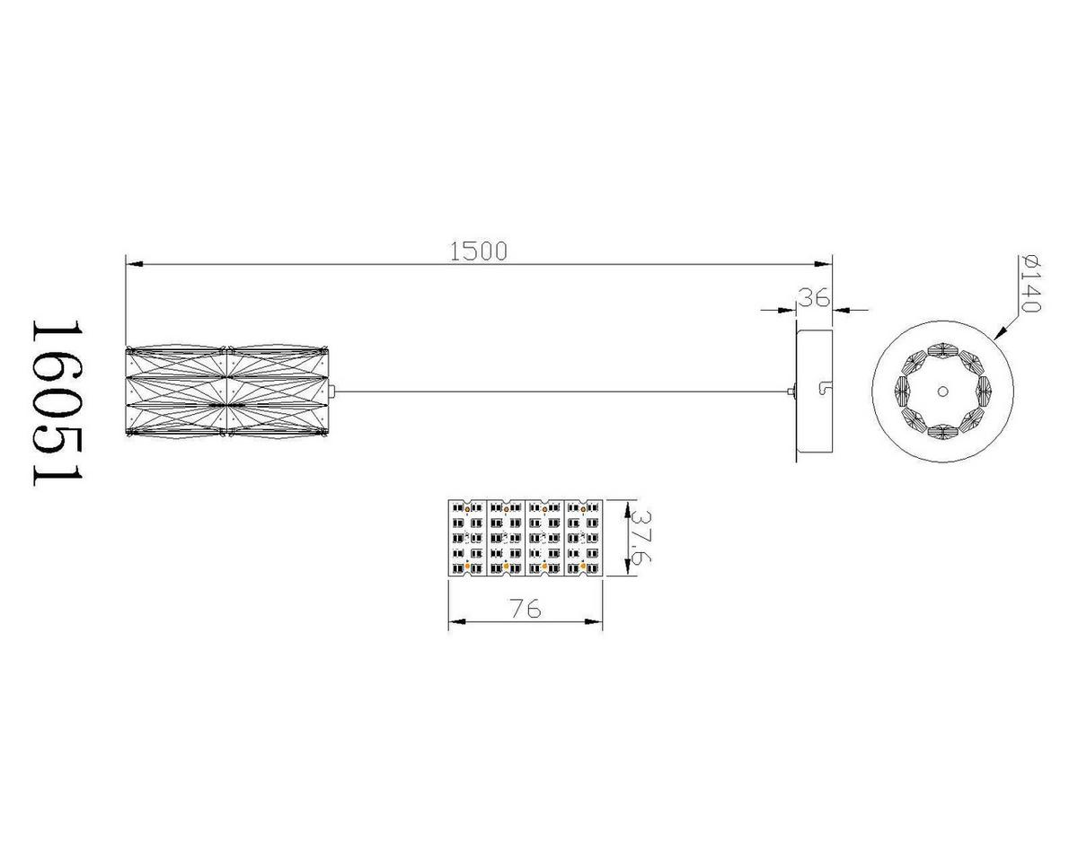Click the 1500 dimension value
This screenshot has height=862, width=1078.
coord(478,251)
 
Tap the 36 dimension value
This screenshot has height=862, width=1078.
coord(813,298)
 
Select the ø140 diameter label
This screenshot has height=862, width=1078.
coord(1030,283)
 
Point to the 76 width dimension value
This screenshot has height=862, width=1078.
coord(525,609)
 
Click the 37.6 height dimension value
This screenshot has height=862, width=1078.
coord(641,537)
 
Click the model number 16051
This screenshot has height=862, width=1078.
coord(57,403)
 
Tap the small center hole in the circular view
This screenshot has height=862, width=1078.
coord(942,391)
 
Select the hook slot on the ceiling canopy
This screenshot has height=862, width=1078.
coord(823,389)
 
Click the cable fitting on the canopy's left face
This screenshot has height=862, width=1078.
coord(791,391)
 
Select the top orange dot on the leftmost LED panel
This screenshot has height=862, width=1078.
coord(467,510)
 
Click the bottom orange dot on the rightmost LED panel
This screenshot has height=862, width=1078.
coord(583,567)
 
